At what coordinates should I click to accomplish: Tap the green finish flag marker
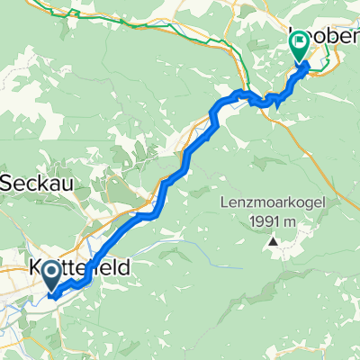tap(299, 45)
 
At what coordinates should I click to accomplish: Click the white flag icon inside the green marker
tap(299, 42)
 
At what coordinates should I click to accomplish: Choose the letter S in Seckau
tap(8, 181)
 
